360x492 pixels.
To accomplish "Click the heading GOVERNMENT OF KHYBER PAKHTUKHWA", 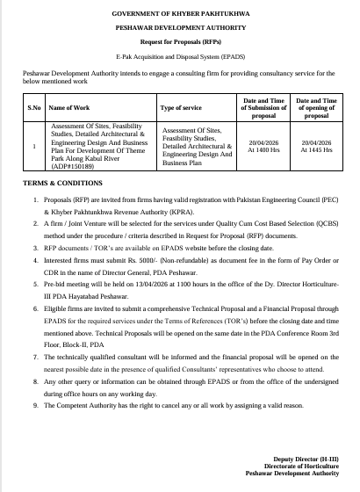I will [179, 15].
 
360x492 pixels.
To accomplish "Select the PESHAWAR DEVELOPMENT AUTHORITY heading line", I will [179, 29].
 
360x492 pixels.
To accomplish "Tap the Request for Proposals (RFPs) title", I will [179, 42].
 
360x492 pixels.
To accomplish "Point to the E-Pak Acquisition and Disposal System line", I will [179, 55].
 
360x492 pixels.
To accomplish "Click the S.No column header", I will [34, 108].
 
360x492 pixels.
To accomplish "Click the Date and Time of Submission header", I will [263, 108].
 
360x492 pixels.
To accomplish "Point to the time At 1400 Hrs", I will [263, 149].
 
